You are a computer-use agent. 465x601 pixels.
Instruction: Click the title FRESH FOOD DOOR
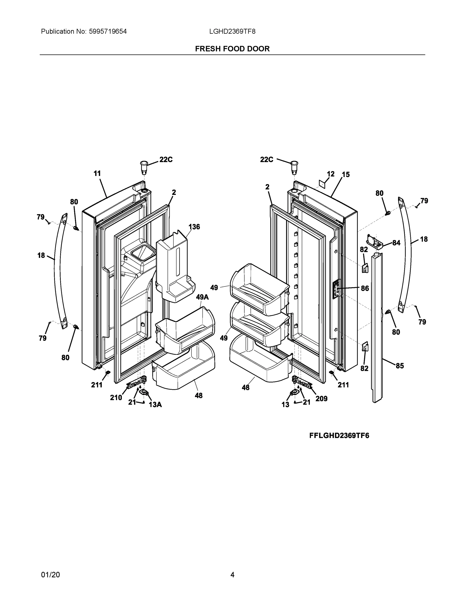click(232, 49)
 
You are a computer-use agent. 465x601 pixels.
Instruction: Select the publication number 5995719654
click(108, 31)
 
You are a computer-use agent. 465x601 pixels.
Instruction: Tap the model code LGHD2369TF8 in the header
click(232, 31)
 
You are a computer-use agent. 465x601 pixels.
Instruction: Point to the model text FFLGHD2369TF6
click(339, 436)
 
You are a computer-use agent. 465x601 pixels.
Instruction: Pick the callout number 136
click(194, 227)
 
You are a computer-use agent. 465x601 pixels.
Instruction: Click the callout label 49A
click(202, 297)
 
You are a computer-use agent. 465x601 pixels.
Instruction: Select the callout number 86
click(365, 288)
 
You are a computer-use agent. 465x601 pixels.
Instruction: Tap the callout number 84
click(396, 243)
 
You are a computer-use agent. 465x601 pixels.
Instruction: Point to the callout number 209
click(321, 398)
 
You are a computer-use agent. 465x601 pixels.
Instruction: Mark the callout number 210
click(116, 397)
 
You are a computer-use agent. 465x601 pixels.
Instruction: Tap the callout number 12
click(331, 174)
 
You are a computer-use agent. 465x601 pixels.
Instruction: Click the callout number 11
click(97, 173)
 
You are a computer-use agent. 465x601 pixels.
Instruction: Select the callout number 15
click(346, 175)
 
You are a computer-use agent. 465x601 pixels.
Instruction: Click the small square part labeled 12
click(322, 184)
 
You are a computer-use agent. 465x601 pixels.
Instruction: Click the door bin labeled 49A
click(184, 330)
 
